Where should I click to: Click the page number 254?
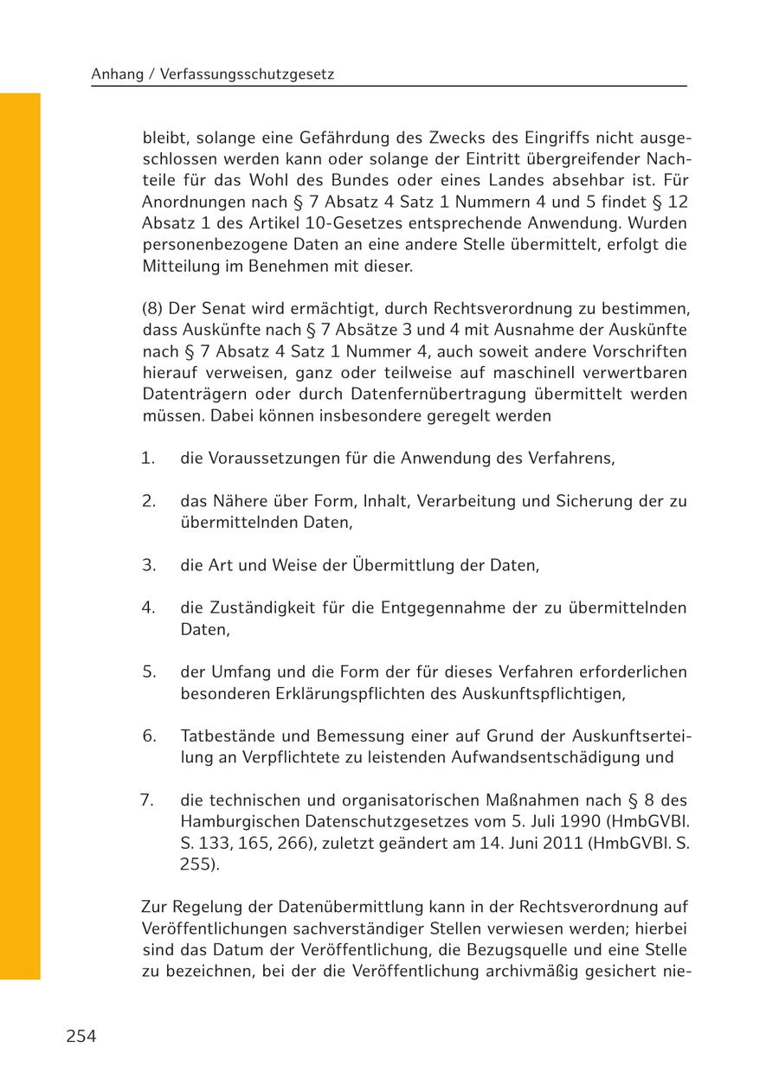click(x=80, y=1037)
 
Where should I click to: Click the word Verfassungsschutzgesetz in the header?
click(x=249, y=75)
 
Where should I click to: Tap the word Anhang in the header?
click(x=117, y=75)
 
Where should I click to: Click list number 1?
click(x=148, y=458)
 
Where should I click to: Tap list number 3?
click(x=148, y=565)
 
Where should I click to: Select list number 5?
click(x=149, y=672)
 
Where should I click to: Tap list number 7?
click(x=147, y=800)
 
